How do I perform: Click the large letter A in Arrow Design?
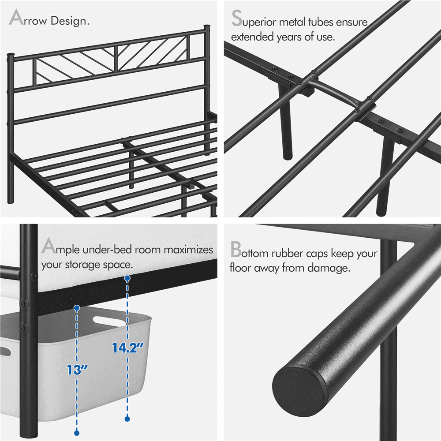click(x=17, y=19)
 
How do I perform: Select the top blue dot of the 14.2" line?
click(x=127, y=279)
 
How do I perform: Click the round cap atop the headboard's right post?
click(x=206, y=29)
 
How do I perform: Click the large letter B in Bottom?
click(x=236, y=250)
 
